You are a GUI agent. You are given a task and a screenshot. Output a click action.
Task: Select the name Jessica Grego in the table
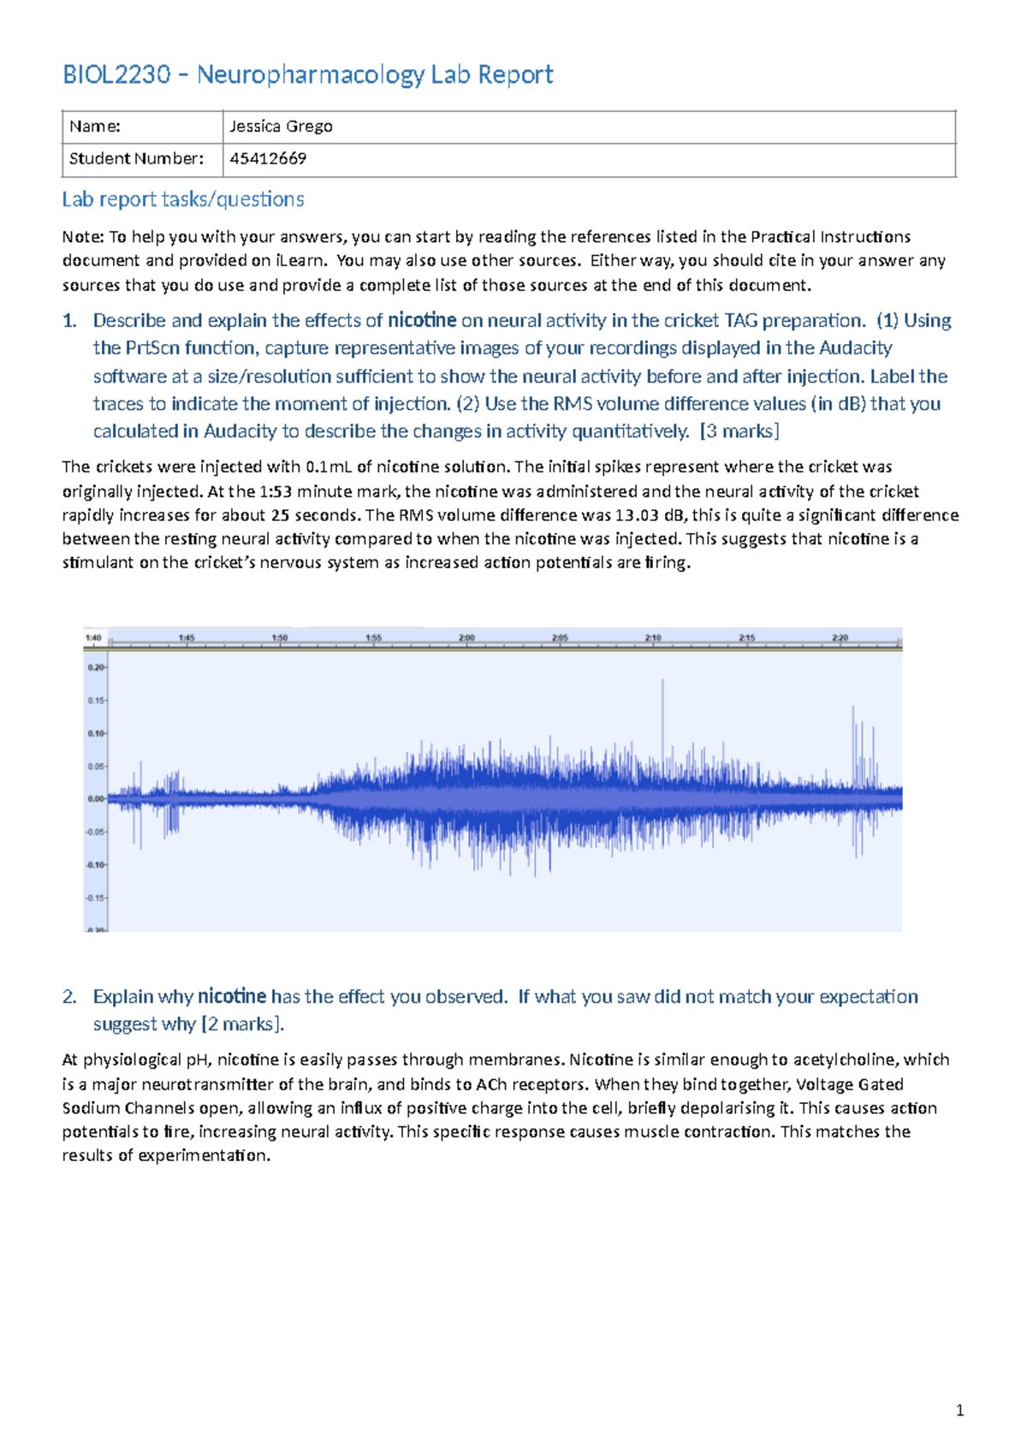point(281,127)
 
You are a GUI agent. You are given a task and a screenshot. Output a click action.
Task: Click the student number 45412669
point(268,158)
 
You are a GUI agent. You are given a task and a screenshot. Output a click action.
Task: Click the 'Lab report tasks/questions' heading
point(183,199)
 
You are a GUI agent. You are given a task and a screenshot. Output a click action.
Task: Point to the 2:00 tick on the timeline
point(466,638)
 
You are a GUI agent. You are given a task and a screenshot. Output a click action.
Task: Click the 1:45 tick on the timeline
point(187,638)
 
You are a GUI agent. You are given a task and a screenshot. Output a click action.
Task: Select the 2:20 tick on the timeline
point(840,638)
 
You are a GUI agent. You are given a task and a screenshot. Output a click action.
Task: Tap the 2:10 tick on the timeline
point(653,638)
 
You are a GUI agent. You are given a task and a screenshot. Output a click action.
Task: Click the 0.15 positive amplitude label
point(96,700)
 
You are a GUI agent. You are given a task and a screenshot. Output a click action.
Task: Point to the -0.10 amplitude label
point(95,865)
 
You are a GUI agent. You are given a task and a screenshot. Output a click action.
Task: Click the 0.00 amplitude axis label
point(95,798)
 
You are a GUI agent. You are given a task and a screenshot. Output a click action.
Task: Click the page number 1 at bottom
point(959,1411)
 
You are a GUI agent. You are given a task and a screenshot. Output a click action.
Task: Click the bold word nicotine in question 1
point(422,321)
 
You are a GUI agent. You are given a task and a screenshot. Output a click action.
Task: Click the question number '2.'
point(70,997)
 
